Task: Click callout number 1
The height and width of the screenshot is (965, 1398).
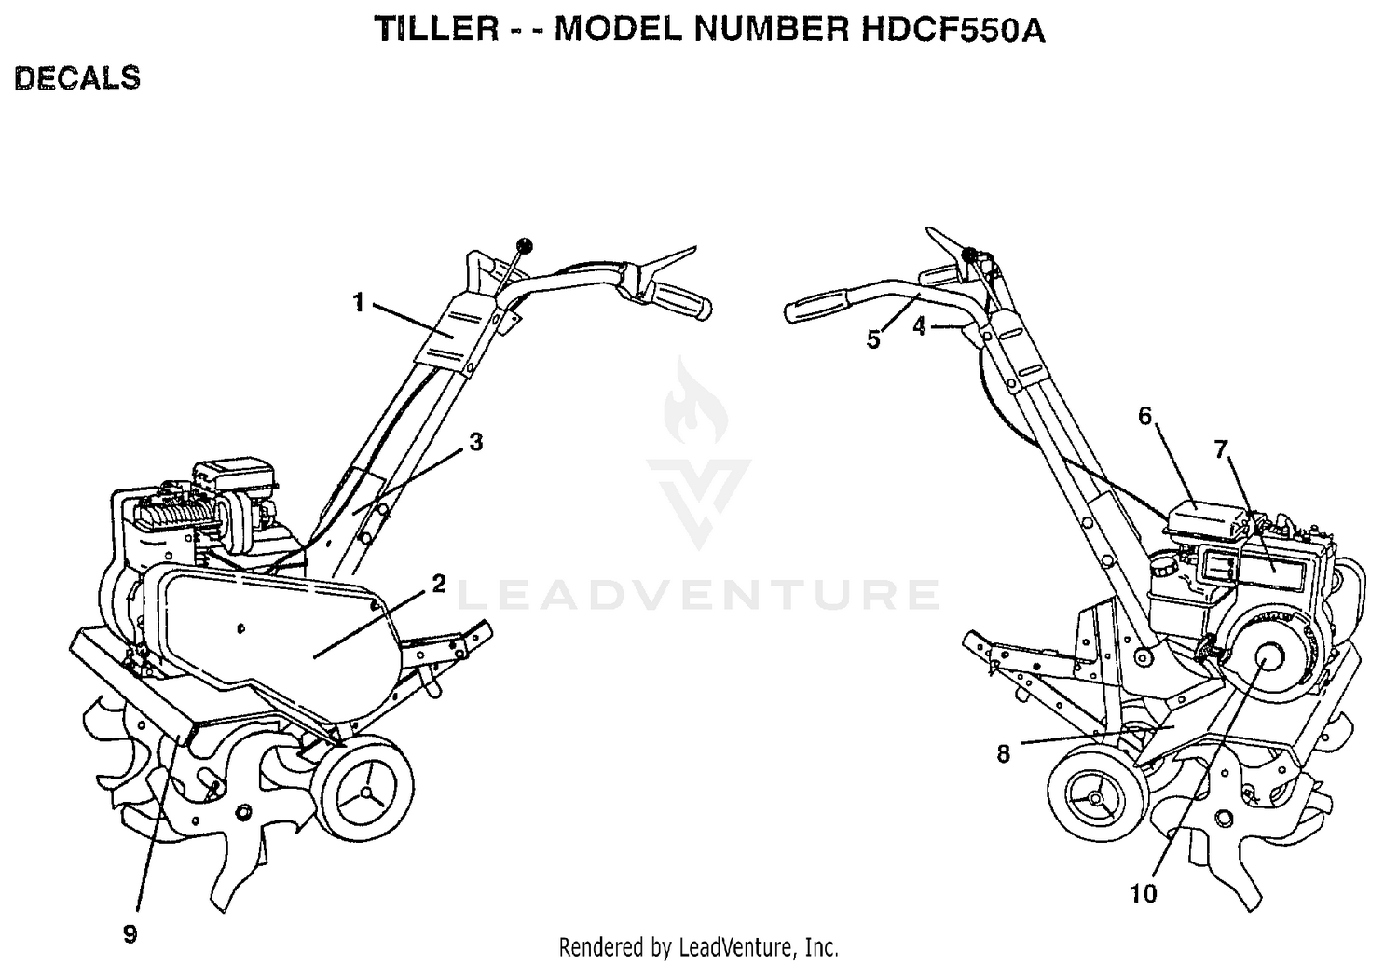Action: pos(358,303)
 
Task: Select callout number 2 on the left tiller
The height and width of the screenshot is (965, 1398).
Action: pos(439,584)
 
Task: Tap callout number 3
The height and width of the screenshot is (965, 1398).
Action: pos(476,442)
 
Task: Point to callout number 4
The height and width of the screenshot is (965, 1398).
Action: pos(919,325)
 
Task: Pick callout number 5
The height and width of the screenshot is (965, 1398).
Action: pos(873,339)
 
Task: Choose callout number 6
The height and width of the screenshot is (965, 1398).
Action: pos(1144,416)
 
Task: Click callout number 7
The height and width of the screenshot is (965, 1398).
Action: pos(1221,448)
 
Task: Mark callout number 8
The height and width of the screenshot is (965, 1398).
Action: pos(1003,754)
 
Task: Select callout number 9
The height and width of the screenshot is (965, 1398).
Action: pos(130,934)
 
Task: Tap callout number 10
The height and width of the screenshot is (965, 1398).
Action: pos(1144,894)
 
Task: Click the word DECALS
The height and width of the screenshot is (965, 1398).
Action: pos(77,78)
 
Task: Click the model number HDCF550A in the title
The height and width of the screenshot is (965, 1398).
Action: pos(953,29)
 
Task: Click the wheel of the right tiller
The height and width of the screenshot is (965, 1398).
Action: pos(1097,798)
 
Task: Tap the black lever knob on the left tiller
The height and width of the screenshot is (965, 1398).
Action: pos(525,245)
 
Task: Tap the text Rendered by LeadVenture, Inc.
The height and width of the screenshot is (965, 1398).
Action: pos(698,947)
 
